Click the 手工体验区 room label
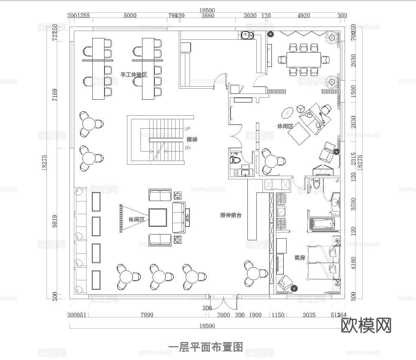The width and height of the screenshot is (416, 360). point(133,75)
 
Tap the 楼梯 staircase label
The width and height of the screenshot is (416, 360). point(192,140)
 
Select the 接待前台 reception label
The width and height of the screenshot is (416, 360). point(231,215)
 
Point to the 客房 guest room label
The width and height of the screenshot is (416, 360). point(300,258)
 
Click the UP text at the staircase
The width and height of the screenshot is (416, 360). point(188,129)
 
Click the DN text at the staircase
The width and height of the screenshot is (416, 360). point(188,148)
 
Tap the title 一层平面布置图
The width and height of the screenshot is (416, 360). point(206,347)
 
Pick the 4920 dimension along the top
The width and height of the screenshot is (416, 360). point(303,16)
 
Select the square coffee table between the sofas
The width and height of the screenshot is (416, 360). point(158,217)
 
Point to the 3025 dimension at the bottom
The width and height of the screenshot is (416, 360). point(309,315)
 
